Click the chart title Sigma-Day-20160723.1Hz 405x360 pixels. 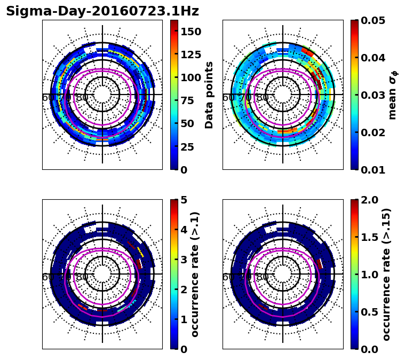pos(102,11)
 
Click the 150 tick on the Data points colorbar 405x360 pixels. pos(191,32)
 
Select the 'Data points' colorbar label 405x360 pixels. pos(209,95)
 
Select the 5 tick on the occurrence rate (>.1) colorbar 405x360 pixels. pos(184,200)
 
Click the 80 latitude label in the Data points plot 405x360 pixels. pos(82,98)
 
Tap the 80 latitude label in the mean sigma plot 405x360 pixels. pos(263,98)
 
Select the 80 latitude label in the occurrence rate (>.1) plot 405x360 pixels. pos(82,277)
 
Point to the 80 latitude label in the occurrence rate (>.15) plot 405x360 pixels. pos(263,277)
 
